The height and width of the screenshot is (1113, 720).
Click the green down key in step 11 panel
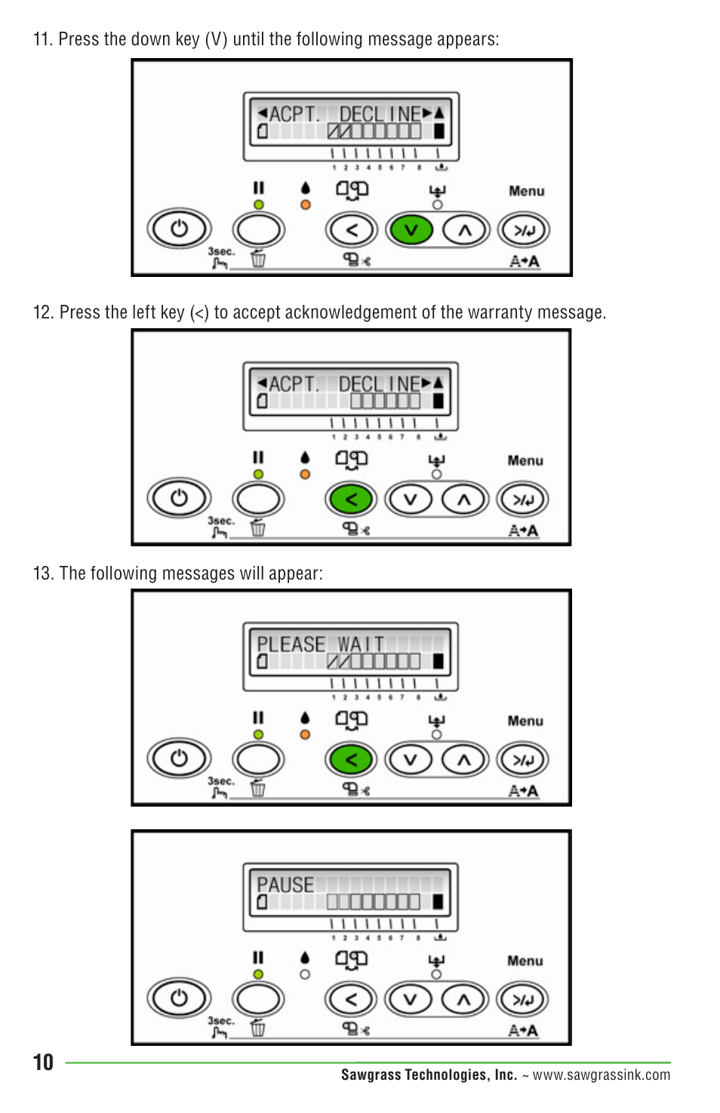411,230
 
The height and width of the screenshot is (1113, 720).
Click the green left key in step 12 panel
351,500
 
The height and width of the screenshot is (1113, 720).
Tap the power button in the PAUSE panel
179,999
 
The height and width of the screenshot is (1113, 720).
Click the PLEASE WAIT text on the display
320,644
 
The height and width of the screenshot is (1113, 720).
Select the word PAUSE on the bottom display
285,884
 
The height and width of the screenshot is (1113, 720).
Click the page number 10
43,1062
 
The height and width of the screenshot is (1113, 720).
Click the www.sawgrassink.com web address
601,1075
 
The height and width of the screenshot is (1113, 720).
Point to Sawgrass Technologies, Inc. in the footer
429,1075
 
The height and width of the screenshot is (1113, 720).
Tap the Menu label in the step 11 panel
526,192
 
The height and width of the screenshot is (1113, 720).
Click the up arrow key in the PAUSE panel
463,1000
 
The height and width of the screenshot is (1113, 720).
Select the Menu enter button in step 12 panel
523,500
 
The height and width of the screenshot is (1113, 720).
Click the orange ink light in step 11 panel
305,204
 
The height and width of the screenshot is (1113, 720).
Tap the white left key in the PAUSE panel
351,1000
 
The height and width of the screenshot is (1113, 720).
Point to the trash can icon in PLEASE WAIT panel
258,789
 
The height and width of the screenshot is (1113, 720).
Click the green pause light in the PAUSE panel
258,974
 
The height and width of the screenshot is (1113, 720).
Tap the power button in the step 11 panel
179,229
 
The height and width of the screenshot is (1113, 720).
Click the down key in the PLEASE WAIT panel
410,760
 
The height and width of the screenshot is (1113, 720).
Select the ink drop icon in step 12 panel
305,457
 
